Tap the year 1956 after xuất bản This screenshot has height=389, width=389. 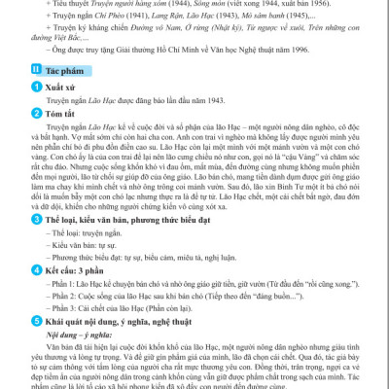(x=318, y=4)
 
